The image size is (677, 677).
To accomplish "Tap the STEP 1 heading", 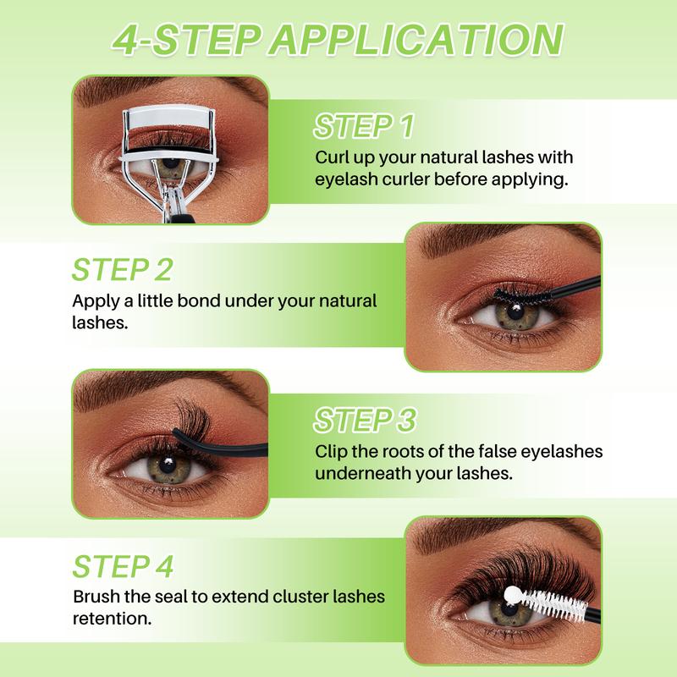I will point(364,127).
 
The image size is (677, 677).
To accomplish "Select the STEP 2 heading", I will point(123,269).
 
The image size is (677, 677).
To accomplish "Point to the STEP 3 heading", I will point(366,420).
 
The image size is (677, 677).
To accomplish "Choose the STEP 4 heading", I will point(124,565).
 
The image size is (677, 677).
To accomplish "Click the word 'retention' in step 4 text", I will point(113,619).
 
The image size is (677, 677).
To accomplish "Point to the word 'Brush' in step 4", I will point(95,597).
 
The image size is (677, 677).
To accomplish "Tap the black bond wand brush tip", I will point(514,293).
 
